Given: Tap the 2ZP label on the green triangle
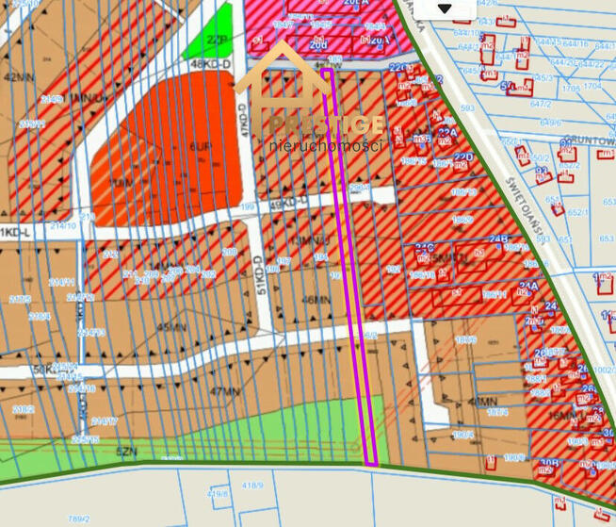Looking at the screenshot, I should (x=217, y=41).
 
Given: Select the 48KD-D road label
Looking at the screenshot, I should (x=210, y=64).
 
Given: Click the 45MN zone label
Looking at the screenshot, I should (x=172, y=327).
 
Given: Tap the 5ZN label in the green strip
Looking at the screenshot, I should (x=126, y=452).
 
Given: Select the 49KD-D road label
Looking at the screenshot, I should (x=288, y=203).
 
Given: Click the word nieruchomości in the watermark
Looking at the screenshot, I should (x=326, y=147).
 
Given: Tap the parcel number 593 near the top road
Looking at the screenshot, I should (x=467, y=108).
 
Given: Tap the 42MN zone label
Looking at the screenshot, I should (x=18, y=78).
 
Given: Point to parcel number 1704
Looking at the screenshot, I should (x=592, y=86).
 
